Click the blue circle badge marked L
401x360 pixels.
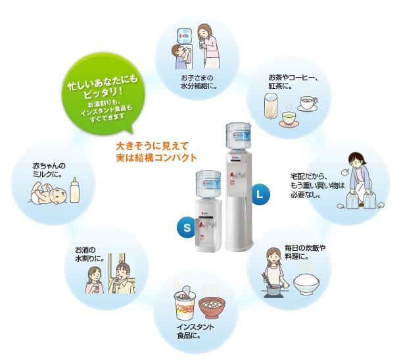(260, 194)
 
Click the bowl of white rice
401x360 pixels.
(306, 284)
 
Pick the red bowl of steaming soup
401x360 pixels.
(212, 307)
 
